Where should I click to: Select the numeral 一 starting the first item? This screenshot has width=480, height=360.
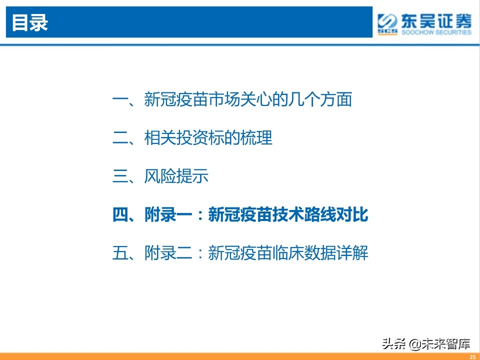120,99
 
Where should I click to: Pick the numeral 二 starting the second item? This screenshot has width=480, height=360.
120,138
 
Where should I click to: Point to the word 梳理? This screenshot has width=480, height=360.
256,138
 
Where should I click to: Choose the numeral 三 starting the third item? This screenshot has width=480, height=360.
120,176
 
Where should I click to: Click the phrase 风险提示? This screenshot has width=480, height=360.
176,176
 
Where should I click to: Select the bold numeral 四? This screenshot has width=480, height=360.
120,215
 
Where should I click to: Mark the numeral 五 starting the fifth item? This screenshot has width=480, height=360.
120,253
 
